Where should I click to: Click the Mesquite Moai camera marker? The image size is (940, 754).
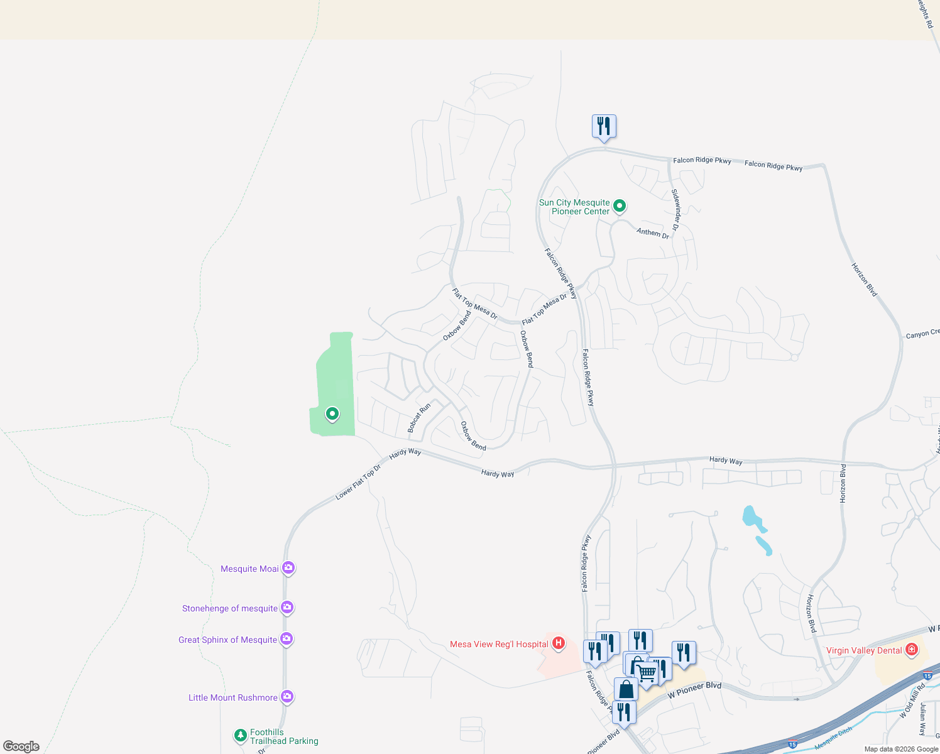click(x=288, y=568)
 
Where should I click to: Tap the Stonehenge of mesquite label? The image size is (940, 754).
click(x=229, y=608)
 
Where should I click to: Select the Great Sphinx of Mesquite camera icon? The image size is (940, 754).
click(x=287, y=639)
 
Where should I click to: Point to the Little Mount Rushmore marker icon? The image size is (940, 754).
click(x=287, y=696)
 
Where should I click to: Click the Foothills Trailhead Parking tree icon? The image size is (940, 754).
click(x=240, y=735)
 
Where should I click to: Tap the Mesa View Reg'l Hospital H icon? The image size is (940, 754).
click(x=558, y=643)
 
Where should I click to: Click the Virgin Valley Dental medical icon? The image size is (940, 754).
click(x=912, y=649)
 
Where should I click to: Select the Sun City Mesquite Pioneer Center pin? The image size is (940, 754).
click(x=620, y=205)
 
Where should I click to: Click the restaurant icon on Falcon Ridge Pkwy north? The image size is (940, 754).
click(x=604, y=126)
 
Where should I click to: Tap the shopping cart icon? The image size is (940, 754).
click(x=647, y=672)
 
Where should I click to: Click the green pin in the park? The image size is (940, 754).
click(x=332, y=413)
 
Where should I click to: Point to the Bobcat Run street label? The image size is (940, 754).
click(x=419, y=418)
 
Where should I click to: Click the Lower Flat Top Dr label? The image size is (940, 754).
click(x=358, y=482)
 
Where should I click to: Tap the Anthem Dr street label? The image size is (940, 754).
click(x=652, y=232)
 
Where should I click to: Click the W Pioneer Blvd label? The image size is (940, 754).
click(x=694, y=690)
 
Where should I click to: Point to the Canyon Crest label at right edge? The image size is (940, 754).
click(x=922, y=334)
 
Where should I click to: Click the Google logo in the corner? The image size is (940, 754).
click(x=21, y=746)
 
